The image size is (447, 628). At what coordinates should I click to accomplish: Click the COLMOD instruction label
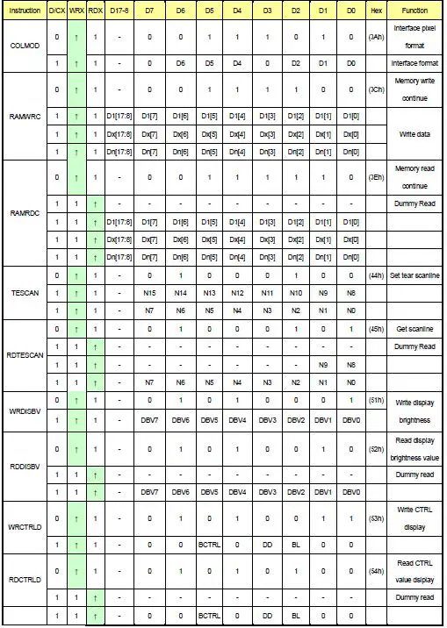(x=24, y=46)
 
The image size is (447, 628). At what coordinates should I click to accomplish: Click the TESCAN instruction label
(x=24, y=290)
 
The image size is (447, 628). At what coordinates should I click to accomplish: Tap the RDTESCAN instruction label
(x=24, y=355)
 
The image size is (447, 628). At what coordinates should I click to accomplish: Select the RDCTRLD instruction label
(x=24, y=583)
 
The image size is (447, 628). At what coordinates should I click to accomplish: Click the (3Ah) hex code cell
(x=377, y=38)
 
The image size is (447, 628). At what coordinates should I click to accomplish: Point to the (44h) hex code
(x=377, y=275)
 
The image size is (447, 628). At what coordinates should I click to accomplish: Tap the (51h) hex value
(x=377, y=399)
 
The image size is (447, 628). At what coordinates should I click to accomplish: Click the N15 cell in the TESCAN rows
(x=151, y=292)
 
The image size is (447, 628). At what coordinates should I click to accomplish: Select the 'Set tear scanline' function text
(x=415, y=275)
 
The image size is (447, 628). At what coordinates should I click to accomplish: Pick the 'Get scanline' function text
(x=415, y=329)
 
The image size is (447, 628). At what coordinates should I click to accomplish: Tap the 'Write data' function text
(x=415, y=134)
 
